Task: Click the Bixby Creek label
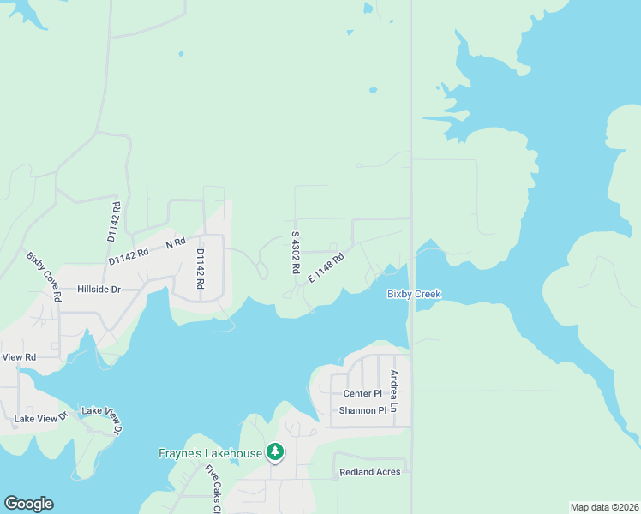pyautogui.click(x=414, y=294)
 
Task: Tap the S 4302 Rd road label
pyautogui.click(x=295, y=252)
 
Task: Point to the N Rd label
pyautogui.click(x=176, y=243)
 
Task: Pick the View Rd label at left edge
pyautogui.click(x=18, y=356)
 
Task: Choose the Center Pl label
pyautogui.click(x=362, y=394)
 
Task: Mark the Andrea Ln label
pyautogui.click(x=393, y=391)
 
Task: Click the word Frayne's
pyautogui.click(x=183, y=452)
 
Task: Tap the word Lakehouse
pyautogui.click(x=235, y=452)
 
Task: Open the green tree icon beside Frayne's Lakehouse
pyautogui.click(x=275, y=451)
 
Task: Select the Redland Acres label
pyautogui.click(x=370, y=472)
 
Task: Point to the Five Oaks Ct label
pyautogui.click(x=213, y=488)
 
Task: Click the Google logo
pyautogui.click(x=28, y=504)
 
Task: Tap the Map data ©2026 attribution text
pyautogui.click(x=604, y=507)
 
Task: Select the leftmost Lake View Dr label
pyautogui.click(x=40, y=419)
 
